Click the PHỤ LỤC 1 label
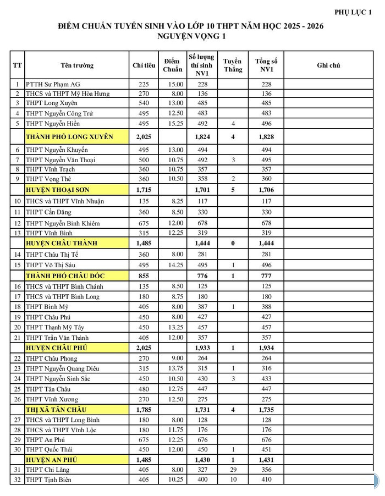[353, 12]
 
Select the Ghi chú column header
[328, 65]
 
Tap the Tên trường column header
[77, 65]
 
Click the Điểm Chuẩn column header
[173, 65]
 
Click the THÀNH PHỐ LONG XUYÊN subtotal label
[69, 136]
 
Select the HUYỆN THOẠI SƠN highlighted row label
[58, 189]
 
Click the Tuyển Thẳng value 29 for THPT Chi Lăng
[233, 470]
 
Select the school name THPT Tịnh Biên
[52, 480]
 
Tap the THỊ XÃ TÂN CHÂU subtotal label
[57, 410]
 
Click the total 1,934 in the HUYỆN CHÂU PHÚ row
[267, 348]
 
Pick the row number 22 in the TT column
[17, 359]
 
